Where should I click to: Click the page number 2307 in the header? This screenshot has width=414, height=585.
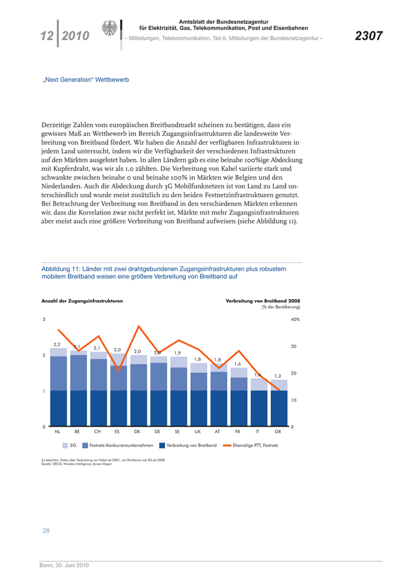point(368,37)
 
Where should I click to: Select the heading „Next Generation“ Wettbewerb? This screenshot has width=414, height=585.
point(86,79)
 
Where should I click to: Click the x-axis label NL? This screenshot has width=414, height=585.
point(57,432)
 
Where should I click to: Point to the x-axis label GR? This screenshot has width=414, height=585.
point(278,432)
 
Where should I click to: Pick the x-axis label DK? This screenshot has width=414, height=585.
point(137,432)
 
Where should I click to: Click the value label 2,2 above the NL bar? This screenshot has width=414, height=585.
point(57,344)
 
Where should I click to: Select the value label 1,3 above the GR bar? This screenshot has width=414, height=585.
point(278,375)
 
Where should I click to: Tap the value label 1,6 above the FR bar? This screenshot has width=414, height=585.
point(238,364)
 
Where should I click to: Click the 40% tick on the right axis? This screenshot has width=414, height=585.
point(295,320)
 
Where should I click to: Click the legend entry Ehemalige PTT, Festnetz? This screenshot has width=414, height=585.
point(255,445)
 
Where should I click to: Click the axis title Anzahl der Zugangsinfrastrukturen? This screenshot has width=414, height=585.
point(82,301)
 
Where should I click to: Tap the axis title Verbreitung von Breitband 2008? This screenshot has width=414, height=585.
point(263,301)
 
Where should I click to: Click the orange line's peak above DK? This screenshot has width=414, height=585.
point(138,326)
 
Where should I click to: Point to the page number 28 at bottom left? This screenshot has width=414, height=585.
point(46,531)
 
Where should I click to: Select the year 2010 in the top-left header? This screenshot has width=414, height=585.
point(75,37)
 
